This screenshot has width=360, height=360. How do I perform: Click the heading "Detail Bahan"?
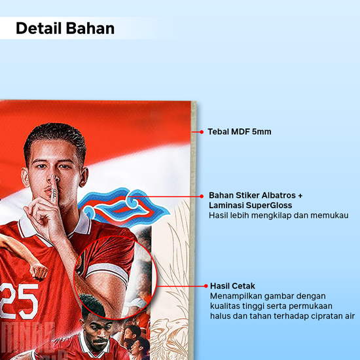tap(65, 28)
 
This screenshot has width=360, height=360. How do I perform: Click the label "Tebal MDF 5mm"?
tap(240, 132)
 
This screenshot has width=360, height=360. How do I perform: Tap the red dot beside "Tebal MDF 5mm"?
tap(202, 132)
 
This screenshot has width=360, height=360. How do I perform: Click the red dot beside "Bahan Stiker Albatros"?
tap(202, 196)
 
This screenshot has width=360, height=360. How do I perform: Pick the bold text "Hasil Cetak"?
tap(232, 286)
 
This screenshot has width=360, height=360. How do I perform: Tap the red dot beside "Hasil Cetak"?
tap(206, 286)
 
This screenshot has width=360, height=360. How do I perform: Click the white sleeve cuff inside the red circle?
tap(108, 272)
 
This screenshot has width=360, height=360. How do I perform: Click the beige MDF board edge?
tap(193, 230)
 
